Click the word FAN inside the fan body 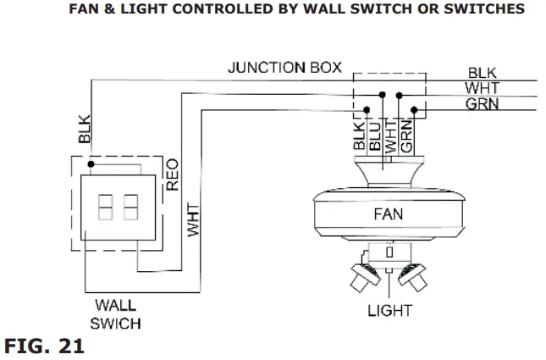click(x=389, y=214)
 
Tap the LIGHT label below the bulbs click(x=389, y=310)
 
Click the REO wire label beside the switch click(x=172, y=173)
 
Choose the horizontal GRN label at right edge click(x=483, y=104)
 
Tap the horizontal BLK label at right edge click(x=483, y=73)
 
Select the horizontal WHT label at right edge click(x=483, y=88)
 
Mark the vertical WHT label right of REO click(x=193, y=219)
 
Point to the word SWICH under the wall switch click(x=116, y=324)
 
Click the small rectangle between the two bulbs click(x=389, y=252)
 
